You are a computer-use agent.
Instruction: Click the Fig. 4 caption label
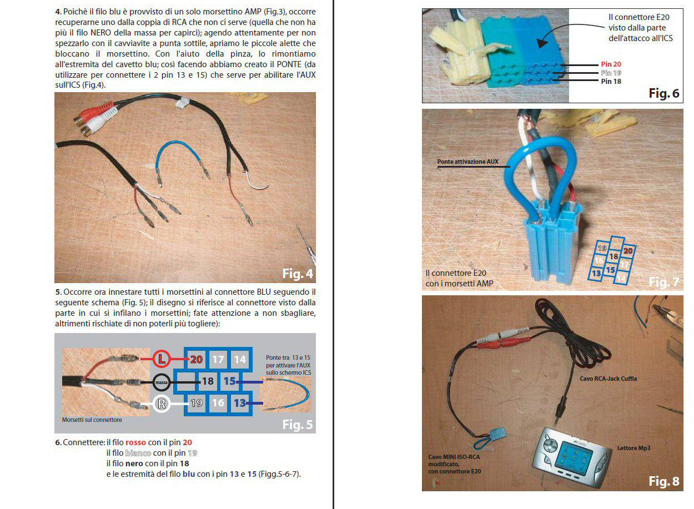(x=298, y=274)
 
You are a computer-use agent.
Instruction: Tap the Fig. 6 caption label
(x=664, y=93)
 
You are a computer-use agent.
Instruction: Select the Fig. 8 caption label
(x=664, y=481)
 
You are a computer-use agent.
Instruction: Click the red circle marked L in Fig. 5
(x=162, y=359)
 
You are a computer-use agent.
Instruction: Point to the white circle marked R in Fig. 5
(x=162, y=404)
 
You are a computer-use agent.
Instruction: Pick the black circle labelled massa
(x=162, y=382)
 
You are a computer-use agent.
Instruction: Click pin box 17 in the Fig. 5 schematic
(x=218, y=359)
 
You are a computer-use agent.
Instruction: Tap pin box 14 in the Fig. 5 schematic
(x=240, y=359)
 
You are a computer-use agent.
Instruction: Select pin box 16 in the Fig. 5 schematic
(x=218, y=403)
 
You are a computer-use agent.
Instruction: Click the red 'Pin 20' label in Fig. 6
(x=611, y=64)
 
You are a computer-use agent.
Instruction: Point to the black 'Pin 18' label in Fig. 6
(x=611, y=82)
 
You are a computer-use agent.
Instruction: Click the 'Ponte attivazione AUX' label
(x=467, y=162)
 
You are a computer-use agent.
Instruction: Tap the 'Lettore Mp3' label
(x=633, y=448)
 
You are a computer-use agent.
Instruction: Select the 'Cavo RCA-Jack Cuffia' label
(x=608, y=379)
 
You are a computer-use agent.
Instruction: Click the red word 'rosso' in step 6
(x=135, y=442)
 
